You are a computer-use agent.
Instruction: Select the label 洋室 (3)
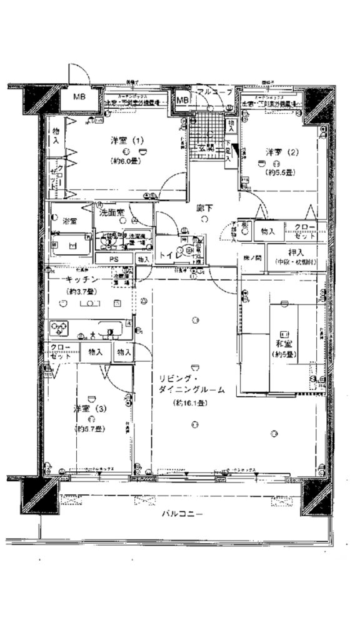90,409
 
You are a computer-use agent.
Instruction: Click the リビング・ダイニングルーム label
192,384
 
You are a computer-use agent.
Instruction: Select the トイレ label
169,255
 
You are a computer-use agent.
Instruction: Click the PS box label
114,258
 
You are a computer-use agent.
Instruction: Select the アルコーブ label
214,92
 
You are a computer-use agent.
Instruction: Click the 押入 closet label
295,252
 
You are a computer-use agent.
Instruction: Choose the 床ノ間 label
252,257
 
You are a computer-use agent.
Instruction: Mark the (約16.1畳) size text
192,404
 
